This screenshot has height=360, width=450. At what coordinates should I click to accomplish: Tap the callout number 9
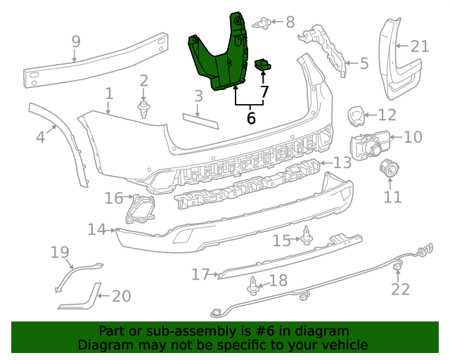pyautogui.click(x=76, y=42)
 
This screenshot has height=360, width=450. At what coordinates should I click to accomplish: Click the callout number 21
pyautogui.click(x=419, y=46)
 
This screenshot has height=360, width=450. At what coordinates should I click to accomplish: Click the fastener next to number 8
pyautogui.click(x=265, y=23)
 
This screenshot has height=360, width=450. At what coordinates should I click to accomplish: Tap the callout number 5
pyautogui.click(x=363, y=64)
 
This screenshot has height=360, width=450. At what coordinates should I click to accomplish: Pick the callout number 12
pyautogui.click(x=387, y=115)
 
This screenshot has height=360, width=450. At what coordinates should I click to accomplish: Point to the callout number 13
pyautogui.click(x=342, y=163)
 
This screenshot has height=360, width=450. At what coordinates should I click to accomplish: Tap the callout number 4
pyautogui.click(x=41, y=136)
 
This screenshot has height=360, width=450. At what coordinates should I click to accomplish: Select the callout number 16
pyautogui.click(x=114, y=198)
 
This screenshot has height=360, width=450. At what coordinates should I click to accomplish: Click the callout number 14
pyautogui.click(x=97, y=229)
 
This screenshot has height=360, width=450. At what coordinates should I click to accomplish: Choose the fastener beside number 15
pyautogui.click(x=307, y=238)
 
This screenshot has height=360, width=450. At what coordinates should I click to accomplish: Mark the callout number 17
pyautogui.click(x=200, y=274)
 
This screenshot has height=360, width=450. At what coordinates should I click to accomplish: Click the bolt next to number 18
pyautogui.click(x=252, y=285)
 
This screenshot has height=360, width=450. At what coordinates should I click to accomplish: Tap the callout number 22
pyautogui.click(x=400, y=289)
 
